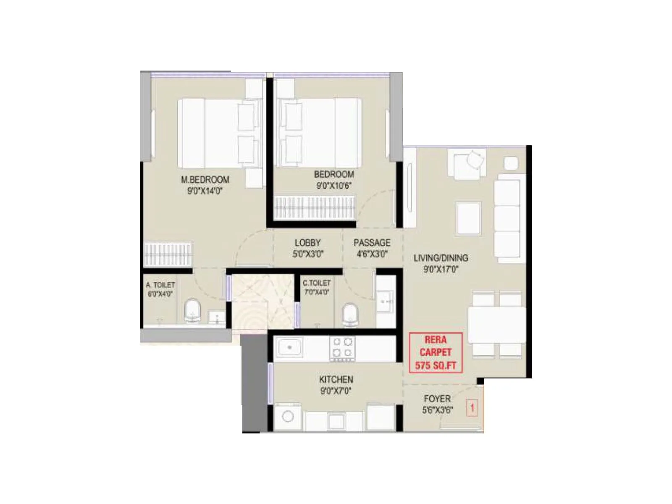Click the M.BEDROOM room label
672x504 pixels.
[205, 180]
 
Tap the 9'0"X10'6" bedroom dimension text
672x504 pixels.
[334, 186]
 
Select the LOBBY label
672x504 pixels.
[307, 243]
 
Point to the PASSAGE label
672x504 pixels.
[372, 243]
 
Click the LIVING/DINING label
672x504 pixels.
[441, 258]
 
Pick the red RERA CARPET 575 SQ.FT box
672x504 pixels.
[436, 353]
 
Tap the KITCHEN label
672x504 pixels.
[336, 380]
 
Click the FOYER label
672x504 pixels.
[437, 399]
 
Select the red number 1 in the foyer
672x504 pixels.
[472, 407]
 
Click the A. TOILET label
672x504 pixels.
[160, 285]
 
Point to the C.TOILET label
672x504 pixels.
[317, 283]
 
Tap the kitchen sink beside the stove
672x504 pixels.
[289, 347]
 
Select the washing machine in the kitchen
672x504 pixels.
[288, 417]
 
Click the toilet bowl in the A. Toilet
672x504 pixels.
[193, 311]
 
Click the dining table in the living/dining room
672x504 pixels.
[496, 325]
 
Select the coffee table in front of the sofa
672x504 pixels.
[468, 218]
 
